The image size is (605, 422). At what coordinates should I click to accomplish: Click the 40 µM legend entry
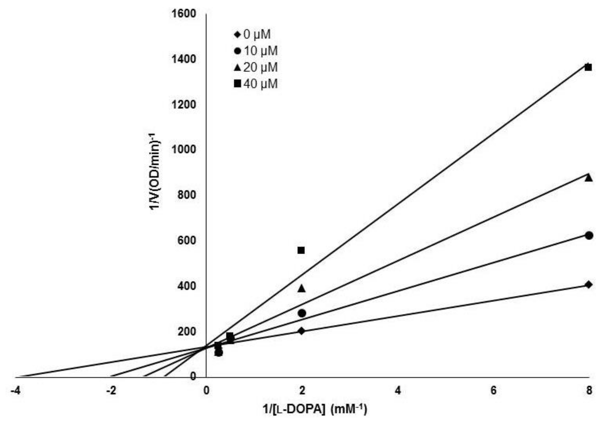click(x=256, y=84)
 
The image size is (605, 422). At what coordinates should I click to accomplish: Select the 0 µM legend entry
click(x=252, y=34)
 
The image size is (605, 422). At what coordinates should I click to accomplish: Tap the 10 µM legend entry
click(x=256, y=51)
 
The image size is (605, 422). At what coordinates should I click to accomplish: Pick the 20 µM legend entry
click(x=256, y=68)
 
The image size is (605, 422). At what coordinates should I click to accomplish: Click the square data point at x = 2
click(x=301, y=250)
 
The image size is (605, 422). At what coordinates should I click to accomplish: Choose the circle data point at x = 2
click(x=302, y=314)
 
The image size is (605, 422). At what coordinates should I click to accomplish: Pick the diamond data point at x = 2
click(x=302, y=331)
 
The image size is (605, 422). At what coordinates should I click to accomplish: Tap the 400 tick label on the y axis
click(x=187, y=286)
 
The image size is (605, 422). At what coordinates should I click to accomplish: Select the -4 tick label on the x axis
click(x=15, y=391)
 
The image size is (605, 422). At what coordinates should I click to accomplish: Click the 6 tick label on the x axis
click(x=493, y=391)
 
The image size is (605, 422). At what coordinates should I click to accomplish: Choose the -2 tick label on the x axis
click(x=111, y=391)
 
